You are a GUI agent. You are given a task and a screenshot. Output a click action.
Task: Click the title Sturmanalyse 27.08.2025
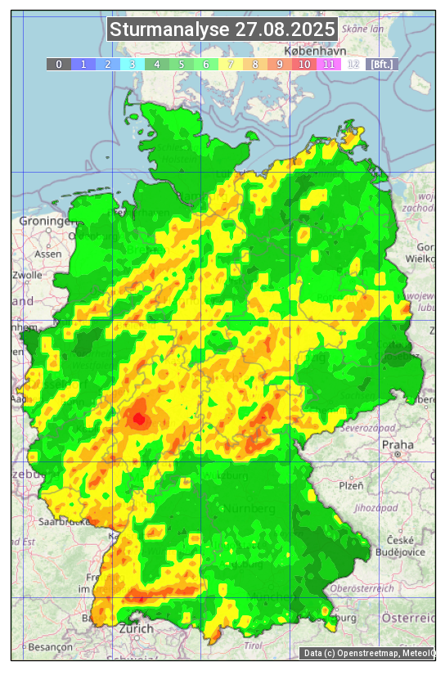coord(222,30)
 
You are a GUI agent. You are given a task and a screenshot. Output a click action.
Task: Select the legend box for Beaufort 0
coord(58,64)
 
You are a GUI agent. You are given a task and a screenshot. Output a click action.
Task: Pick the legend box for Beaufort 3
coord(132,64)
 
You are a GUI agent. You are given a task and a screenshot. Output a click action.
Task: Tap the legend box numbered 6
coord(205,64)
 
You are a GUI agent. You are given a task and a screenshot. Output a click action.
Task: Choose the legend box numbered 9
coord(279,64)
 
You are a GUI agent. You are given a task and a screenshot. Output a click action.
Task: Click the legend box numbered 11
coord(328,64)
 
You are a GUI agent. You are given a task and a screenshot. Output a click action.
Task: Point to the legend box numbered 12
coord(353,64)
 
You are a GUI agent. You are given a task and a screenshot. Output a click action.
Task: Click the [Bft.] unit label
coord(381,64)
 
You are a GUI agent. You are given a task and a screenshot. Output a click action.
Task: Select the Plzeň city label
coord(351,485)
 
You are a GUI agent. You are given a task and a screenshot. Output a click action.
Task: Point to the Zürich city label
coord(136,628)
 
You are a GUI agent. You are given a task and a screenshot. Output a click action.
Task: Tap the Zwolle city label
coord(27,275)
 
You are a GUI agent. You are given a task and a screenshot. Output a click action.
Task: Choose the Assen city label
coord(49,254)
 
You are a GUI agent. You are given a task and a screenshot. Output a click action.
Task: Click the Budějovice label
coord(400,551)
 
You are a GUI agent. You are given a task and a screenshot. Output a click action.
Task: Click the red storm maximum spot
coord(139,420)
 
